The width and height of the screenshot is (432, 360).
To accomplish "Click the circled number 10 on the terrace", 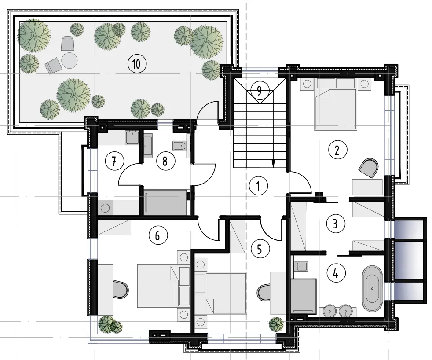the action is (137, 64).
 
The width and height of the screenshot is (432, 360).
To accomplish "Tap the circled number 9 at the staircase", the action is (259, 91).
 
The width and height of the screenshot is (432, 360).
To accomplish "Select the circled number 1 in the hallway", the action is (258, 186).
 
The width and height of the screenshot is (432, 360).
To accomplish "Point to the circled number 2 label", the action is (337, 150).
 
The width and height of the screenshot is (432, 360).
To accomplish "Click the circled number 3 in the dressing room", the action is (335, 224).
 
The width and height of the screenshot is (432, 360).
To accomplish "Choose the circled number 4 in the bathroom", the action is (336, 274).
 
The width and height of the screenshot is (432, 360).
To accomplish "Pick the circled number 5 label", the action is (259, 249).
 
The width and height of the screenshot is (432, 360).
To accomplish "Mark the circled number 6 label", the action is (158, 236).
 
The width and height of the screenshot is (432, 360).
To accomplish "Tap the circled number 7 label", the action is (114, 161).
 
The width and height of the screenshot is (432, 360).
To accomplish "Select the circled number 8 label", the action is (165, 161).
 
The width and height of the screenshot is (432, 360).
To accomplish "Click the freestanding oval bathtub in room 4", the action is (372, 289).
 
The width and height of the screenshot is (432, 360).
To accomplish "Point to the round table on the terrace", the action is (69, 60).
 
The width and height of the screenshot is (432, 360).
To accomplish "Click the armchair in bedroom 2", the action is (368, 167).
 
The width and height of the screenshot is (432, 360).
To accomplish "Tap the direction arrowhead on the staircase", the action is (273, 164).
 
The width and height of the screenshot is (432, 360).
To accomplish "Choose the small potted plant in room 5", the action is (276, 324).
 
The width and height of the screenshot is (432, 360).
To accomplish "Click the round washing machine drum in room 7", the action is (105, 208).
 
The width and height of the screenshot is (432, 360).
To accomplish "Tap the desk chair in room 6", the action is (120, 290).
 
